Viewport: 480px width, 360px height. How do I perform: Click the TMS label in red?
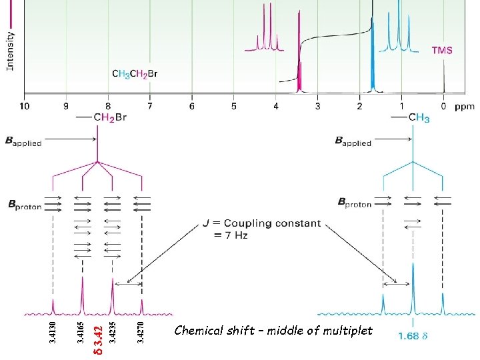(x=442, y=50)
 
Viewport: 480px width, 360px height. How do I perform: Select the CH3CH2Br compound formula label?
(x=135, y=73)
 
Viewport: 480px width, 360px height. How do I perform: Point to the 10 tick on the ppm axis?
(x=25, y=105)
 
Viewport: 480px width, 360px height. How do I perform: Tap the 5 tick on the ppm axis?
(x=234, y=105)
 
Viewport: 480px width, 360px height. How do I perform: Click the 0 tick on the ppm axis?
(x=443, y=105)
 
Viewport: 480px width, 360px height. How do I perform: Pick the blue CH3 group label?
(x=418, y=118)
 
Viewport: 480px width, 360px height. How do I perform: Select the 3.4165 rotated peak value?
(x=81, y=333)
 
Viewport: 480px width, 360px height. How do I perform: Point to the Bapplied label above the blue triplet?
(x=353, y=141)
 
